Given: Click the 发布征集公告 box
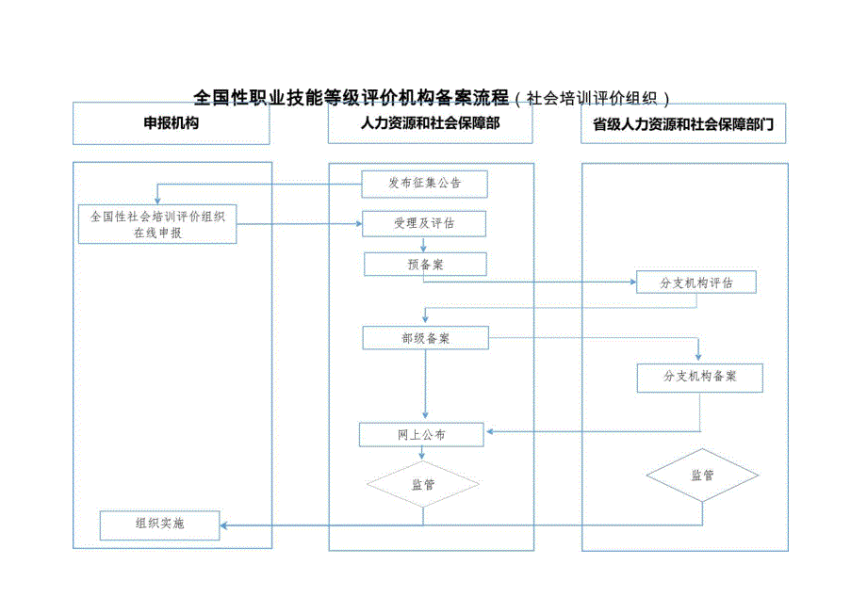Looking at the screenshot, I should click(x=424, y=184).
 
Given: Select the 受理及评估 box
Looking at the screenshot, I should click(x=424, y=223).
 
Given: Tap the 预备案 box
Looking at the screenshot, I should click(x=425, y=265).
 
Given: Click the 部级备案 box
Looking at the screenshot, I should click(x=425, y=338).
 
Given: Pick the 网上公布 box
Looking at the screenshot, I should click(x=421, y=435).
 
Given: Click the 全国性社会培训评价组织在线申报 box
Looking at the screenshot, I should click(x=157, y=224).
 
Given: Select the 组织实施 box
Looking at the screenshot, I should click(x=159, y=524).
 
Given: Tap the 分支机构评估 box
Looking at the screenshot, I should click(x=696, y=282).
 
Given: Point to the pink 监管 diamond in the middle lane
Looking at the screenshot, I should click(x=422, y=485).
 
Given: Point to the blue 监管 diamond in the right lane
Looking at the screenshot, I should click(x=702, y=476).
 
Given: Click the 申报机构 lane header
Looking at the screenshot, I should click(x=172, y=123).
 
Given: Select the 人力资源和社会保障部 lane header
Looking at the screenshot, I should click(x=430, y=123).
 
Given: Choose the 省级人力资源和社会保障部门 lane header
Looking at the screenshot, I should click(x=683, y=123).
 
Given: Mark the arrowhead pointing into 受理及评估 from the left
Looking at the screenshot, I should click(x=358, y=224).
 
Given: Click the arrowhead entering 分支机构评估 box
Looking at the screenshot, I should click(x=632, y=282).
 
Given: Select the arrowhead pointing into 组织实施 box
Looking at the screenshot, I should click(x=225, y=524).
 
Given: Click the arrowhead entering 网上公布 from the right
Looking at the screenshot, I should click(x=489, y=432).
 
